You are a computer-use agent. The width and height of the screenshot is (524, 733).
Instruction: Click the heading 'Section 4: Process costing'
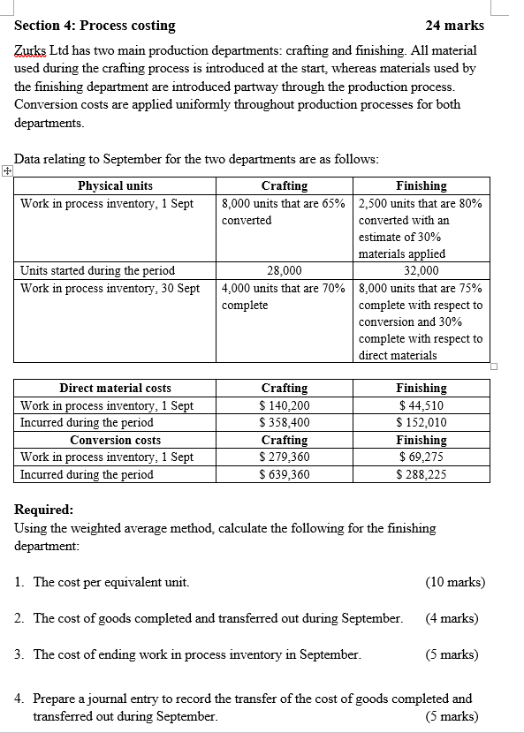(95, 26)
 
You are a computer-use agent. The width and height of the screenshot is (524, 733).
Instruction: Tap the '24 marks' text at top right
(454, 26)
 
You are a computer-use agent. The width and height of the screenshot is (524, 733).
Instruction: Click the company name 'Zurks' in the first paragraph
(31, 50)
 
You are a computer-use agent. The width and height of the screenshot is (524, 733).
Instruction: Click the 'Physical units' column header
(115, 185)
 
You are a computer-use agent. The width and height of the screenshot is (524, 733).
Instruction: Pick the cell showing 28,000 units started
(285, 271)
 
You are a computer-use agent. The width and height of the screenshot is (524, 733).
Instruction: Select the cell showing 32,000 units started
(421, 271)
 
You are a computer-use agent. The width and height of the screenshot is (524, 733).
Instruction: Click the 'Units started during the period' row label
(98, 271)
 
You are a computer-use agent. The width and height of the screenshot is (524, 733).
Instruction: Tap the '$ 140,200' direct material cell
(285, 405)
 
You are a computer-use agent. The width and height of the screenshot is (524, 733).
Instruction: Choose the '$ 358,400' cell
(285, 422)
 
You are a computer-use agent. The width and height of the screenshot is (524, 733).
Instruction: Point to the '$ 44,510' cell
(421, 405)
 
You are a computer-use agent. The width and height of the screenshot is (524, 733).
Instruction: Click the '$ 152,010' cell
(421, 422)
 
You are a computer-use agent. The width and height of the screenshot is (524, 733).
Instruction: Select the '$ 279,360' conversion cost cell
(285, 457)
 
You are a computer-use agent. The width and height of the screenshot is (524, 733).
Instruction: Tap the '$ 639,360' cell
(285, 474)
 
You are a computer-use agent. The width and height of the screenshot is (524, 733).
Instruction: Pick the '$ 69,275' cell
(421, 457)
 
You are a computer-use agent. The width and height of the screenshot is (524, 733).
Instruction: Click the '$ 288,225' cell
(421, 474)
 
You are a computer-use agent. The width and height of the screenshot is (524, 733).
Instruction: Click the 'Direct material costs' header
(115, 389)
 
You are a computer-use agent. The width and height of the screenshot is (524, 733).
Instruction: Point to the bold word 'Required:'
(44, 510)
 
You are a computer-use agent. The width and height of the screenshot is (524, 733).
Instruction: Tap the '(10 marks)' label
(455, 582)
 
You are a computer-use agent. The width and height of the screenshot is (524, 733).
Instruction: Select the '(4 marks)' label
(452, 618)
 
